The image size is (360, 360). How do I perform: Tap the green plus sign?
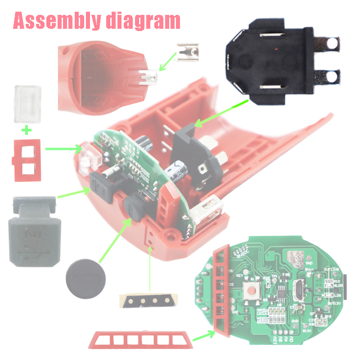(x=27, y=131)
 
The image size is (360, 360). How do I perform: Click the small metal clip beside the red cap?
(x=188, y=52)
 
